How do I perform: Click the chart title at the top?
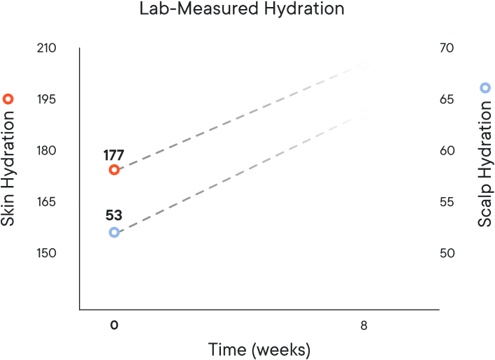(243, 8)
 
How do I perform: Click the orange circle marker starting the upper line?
(114, 170)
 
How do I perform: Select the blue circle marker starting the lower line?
(114, 233)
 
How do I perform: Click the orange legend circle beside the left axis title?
(8, 99)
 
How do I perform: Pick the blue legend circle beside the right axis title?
(484, 88)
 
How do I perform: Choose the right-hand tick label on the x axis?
(363, 324)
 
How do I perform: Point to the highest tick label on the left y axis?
(45, 48)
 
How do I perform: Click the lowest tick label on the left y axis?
(45, 253)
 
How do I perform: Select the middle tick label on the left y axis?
(45, 150)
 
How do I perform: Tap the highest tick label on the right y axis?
(446, 48)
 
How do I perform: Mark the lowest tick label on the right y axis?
(446, 253)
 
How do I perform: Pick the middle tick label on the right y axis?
(446, 150)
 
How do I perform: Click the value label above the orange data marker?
(113, 153)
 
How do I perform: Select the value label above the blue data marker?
(113, 215)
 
